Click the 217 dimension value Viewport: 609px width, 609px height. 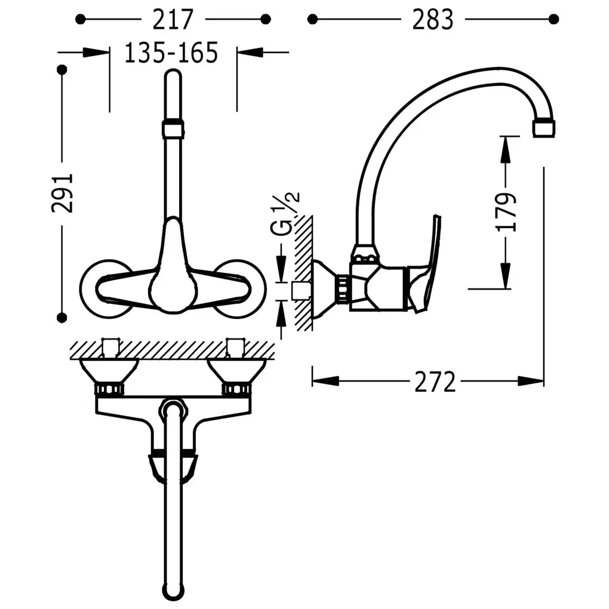point(173,20)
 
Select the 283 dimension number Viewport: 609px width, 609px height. point(433,20)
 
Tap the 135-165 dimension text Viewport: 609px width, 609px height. point(171,53)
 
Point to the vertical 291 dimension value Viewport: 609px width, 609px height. point(62,193)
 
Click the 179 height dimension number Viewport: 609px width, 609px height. point(506,212)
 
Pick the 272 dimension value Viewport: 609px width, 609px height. point(435,382)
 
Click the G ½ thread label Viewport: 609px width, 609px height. point(285,214)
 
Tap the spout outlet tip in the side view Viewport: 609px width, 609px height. point(544,128)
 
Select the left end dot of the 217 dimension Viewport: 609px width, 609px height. point(80,19)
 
